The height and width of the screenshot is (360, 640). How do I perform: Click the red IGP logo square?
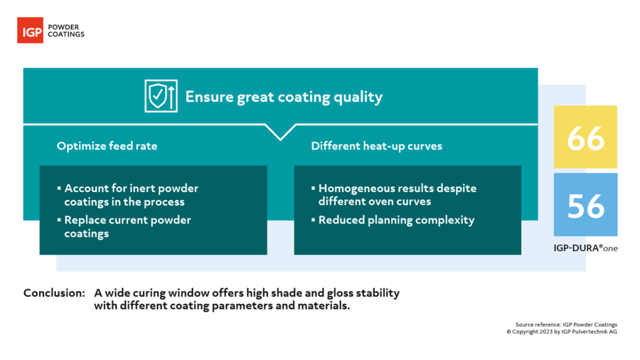(30, 31)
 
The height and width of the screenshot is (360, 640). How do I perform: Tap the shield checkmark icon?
(161, 96)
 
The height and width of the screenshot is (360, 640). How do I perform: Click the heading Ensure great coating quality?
(284, 97)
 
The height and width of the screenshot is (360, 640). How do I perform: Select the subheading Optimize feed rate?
(107, 146)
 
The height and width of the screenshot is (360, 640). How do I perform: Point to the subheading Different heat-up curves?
(376, 146)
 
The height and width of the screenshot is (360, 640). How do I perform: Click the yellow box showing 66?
(586, 137)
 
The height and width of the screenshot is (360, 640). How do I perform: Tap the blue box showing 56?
(586, 205)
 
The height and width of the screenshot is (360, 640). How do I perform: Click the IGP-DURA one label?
(585, 248)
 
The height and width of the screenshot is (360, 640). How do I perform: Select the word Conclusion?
(54, 293)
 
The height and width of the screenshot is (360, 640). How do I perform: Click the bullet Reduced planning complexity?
(396, 220)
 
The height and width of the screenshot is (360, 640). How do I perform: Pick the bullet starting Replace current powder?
(127, 226)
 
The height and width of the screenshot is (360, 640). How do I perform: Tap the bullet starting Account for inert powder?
(131, 195)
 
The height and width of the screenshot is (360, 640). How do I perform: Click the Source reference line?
(566, 324)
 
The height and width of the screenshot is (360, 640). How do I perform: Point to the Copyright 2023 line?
(562, 332)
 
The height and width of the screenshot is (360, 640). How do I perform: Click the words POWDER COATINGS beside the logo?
(65, 31)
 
